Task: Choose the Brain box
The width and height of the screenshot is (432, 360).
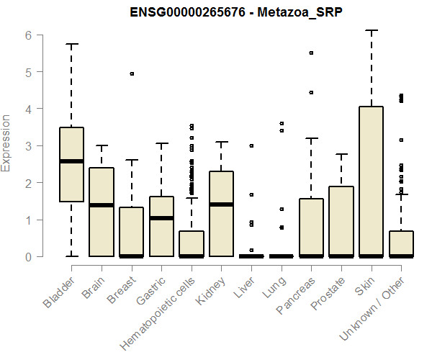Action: (x=102, y=212)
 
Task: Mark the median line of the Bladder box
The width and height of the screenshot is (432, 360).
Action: (x=71, y=161)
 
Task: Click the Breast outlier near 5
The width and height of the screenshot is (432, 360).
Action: (x=132, y=73)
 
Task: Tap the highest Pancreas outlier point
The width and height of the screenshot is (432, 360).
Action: (x=311, y=53)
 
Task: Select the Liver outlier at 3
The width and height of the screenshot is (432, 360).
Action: (x=251, y=145)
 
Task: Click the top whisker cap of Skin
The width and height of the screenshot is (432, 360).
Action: (x=372, y=31)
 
